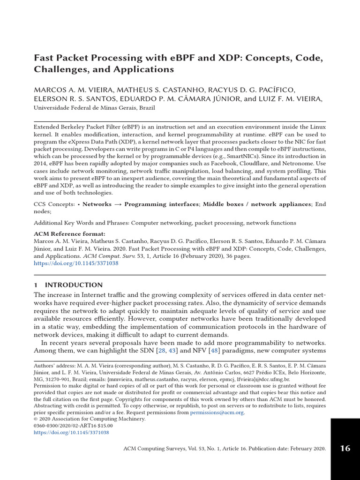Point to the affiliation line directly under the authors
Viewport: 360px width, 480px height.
click(94, 107)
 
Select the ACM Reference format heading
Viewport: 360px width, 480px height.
click(70, 234)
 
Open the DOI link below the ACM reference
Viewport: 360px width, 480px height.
click(76, 264)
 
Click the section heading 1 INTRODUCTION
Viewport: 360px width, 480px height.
click(68, 285)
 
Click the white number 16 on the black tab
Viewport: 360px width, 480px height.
click(345, 449)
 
